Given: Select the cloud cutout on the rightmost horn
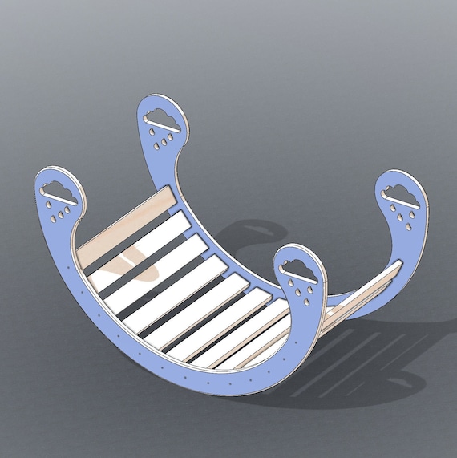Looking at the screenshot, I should pyautogui.click(x=401, y=197).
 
